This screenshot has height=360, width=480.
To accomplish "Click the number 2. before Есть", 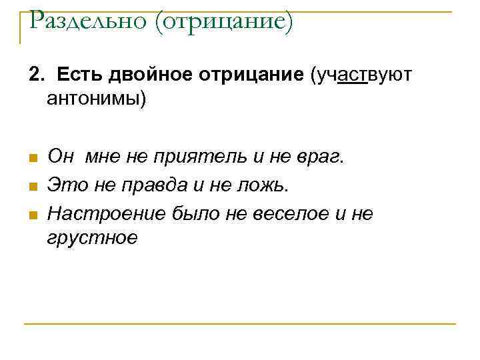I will (35, 75).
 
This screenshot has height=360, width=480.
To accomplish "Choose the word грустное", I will (93, 237).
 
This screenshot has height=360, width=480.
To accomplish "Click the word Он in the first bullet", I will (61, 157).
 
